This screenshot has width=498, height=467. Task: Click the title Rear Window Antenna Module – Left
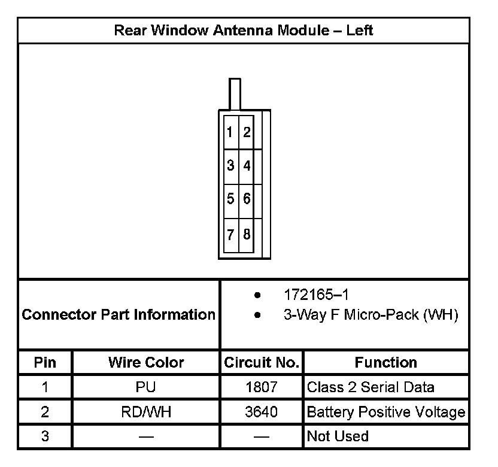point(243,31)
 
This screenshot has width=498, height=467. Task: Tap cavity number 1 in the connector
point(230,132)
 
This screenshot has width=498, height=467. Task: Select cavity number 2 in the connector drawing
point(247,132)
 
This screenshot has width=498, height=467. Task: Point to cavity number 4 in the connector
point(247,165)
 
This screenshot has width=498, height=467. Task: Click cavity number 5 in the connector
point(230,198)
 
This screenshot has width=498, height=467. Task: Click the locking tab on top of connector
point(235,93)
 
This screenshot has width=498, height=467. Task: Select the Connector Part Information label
point(119,314)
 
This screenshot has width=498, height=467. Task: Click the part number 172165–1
point(315,295)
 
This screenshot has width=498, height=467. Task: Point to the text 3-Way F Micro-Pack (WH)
point(371,315)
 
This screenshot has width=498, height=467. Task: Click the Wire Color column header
point(146,362)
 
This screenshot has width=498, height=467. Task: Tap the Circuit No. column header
point(261,362)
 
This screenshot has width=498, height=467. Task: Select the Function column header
point(385,362)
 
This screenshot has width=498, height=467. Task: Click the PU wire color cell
point(146,387)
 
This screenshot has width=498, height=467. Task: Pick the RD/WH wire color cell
point(146,412)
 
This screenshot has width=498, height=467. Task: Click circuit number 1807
point(262,387)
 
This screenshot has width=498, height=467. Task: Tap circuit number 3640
point(262,412)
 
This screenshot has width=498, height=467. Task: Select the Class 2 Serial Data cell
point(371,387)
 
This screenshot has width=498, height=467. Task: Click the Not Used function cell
point(338,436)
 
